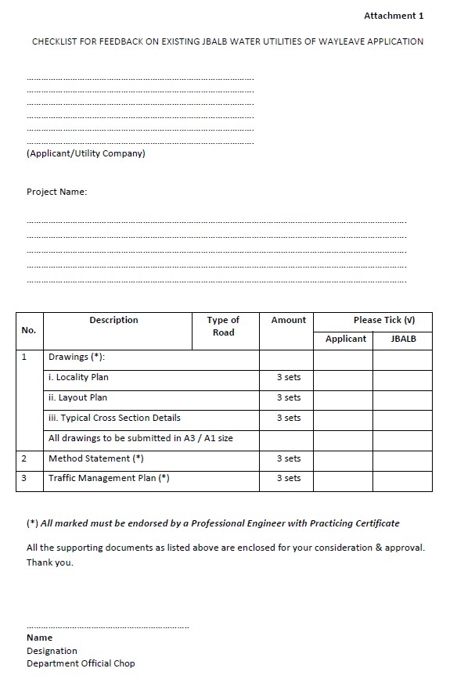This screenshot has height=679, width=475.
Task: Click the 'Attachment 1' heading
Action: coord(394,16)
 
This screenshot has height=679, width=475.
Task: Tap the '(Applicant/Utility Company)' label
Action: coord(86,153)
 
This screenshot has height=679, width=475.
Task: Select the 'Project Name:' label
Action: coord(57,192)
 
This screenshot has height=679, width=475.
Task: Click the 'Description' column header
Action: coord(113,320)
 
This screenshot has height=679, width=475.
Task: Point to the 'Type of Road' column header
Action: coord(223,326)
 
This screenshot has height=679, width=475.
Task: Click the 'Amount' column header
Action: coord(289,320)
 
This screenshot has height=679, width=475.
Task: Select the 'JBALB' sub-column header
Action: coord(403,339)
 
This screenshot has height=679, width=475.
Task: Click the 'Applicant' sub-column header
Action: coord(346,339)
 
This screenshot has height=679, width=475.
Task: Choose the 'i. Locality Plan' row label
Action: coord(78,377)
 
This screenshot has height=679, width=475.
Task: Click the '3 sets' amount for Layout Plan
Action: coord(289,397)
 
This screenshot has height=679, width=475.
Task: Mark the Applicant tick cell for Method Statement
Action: coord(343,459)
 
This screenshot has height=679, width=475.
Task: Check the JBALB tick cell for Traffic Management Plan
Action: coord(402,479)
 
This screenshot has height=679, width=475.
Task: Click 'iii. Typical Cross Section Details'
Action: coord(114,418)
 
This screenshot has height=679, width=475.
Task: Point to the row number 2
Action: coord(24,459)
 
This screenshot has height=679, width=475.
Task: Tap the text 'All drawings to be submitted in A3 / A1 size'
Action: coord(141,438)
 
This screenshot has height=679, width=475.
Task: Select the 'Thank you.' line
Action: coord(50,562)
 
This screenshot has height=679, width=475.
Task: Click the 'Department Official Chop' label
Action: coord(81,663)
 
